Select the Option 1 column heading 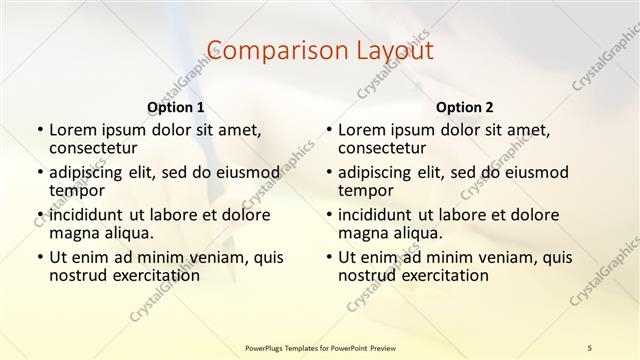[x=176, y=106]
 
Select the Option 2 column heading [x=465, y=106]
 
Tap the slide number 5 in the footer [x=590, y=346]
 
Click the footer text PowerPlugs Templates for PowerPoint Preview [x=319, y=346]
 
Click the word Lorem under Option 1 [x=72, y=129]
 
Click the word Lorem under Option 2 [x=361, y=129]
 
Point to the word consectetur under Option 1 [x=95, y=148]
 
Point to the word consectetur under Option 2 [x=384, y=148]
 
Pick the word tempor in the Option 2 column [x=365, y=190]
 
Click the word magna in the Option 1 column [x=73, y=233]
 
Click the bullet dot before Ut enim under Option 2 [x=329, y=257]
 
